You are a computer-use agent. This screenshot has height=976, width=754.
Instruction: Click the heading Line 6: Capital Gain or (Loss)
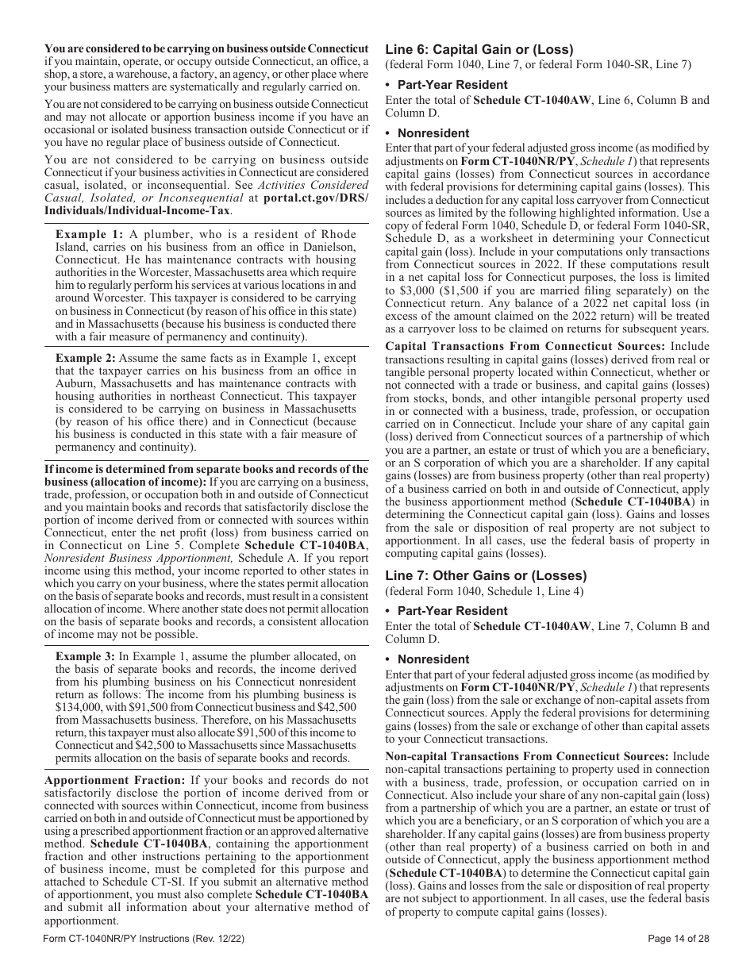[479, 49]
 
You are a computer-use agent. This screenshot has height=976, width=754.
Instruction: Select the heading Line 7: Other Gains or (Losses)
[486, 575]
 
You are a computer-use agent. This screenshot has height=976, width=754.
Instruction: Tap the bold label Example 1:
[89, 234]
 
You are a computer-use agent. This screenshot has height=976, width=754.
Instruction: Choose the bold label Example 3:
[89, 656]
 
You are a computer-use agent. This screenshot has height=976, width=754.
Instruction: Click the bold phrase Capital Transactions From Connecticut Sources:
[525, 346]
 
